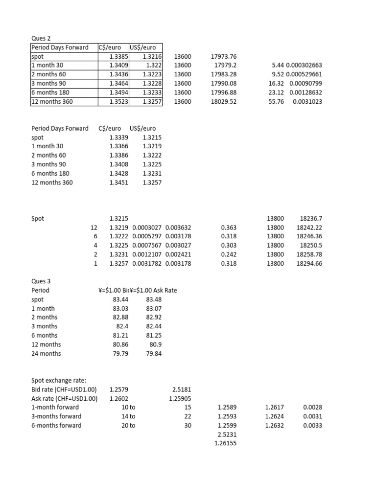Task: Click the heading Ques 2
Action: (41, 38)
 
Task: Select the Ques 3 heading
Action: (41, 281)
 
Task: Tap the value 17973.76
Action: (223, 56)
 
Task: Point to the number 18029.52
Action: (223, 101)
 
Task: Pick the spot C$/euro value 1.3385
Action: (119, 56)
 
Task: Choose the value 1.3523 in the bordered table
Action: (119, 101)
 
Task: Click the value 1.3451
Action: (119, 182)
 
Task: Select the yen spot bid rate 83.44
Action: (120, 299)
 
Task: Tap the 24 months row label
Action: (46, 353)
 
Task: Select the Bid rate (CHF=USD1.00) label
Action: (64, 389)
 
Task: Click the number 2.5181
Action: (182, 389)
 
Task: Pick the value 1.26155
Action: (225, 443)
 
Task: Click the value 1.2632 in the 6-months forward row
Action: (274, 425)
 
